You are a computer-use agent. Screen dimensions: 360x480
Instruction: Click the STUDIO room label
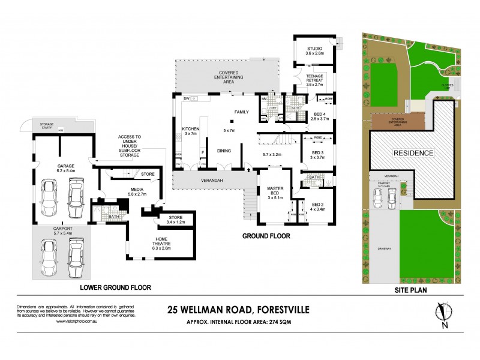point(314,48)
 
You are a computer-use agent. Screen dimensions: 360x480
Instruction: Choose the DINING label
point(224,151)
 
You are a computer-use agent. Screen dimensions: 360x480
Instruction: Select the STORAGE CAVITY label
point(43,125)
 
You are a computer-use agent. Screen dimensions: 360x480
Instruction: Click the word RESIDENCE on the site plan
point(413,153)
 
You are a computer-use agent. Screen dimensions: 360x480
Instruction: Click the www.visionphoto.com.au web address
point(77,322)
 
